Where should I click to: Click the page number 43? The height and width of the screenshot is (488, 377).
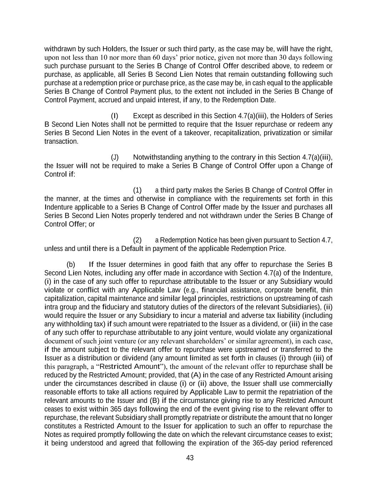tap(190, 458)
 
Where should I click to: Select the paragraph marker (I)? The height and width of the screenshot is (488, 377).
tap(114, 116)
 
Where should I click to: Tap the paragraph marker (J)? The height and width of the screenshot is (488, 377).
tap(114, 157)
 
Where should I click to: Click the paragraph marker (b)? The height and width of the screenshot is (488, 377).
tap(71, 265)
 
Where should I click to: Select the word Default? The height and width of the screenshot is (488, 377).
tap(132, 248)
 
